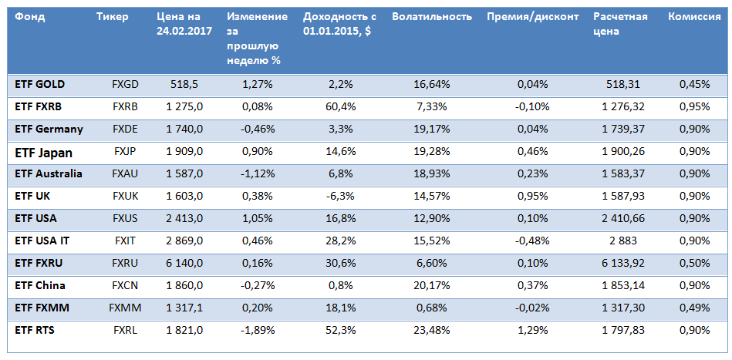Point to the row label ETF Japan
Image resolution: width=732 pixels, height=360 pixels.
coord(45,153)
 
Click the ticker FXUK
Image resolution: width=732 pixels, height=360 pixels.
coord(125,197)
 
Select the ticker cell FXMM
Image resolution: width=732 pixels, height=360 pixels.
coord(125,308)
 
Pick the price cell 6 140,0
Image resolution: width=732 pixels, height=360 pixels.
coord(184,264)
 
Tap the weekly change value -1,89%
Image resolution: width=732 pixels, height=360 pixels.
coord(258,330)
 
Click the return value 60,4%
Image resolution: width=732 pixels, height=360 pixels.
coord(340,106)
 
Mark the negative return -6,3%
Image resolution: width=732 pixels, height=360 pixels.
coord(340,197)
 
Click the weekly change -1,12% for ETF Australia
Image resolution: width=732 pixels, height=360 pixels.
coord(258,174)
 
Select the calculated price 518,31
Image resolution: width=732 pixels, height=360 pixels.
coord(623,84)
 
